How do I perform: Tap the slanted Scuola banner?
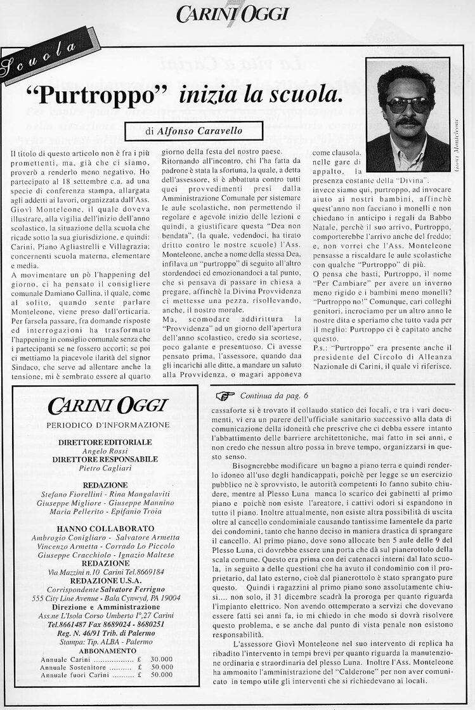pyautogui.click(x=40, y=56)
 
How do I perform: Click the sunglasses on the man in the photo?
pyautogui.click(x=408, y=105)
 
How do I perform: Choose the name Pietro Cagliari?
pyautogui.click(x=105, y=468)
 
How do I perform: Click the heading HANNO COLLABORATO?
pyautogui.click(x=105, y=529)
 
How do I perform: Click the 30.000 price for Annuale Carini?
pyautogui.click(x=162, y=659)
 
